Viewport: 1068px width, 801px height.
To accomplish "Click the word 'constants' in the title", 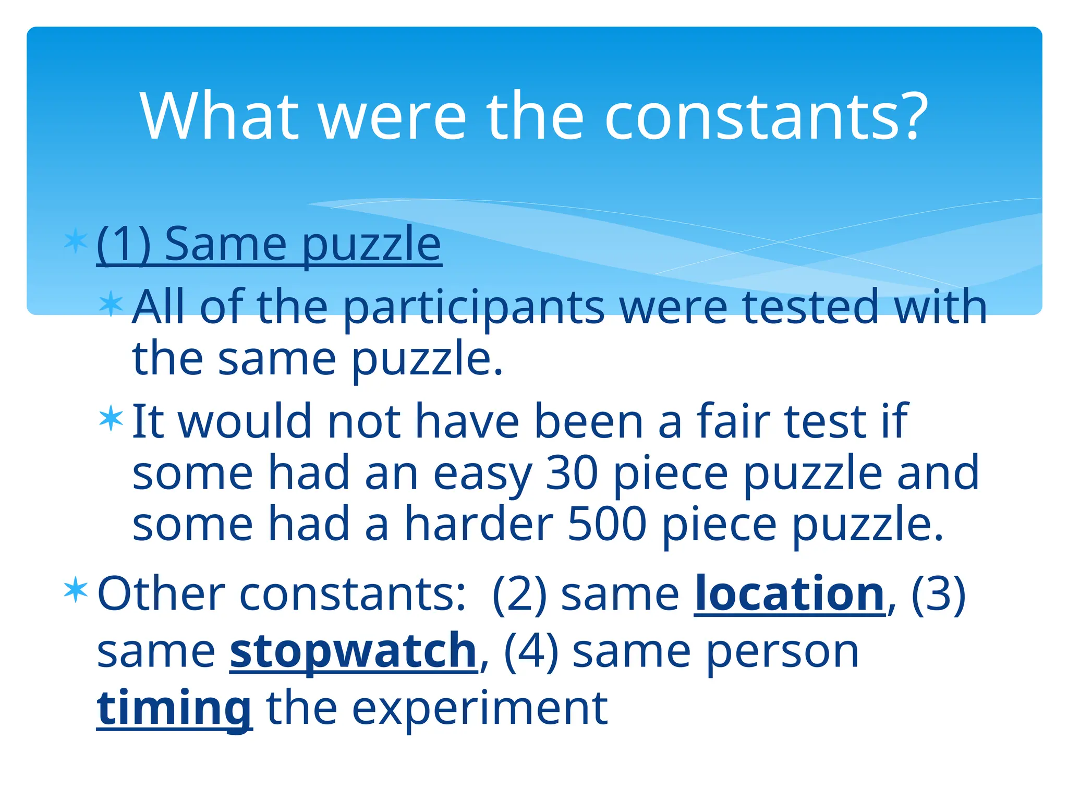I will tap(753, 117).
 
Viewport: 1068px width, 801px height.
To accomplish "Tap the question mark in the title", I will tap(913, 117).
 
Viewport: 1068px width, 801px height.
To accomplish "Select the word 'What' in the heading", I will tap(219, 117).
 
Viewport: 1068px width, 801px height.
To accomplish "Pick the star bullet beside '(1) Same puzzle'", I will tap(76, 241).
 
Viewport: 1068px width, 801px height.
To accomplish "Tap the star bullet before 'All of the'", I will tap(111, 304).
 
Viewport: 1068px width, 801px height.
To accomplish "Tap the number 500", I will tap(607, 524).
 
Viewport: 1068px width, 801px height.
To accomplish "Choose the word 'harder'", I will tap(479, 524).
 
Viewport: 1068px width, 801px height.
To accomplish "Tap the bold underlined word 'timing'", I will tap(174, 709).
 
